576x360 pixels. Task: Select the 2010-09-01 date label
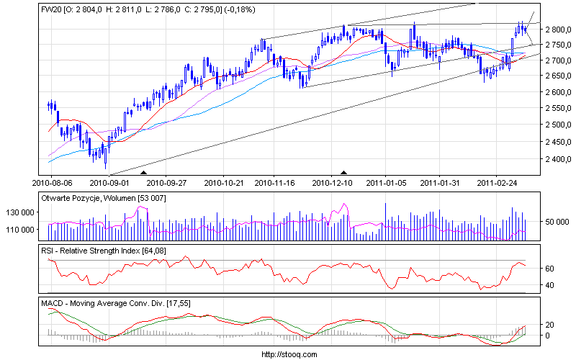109,183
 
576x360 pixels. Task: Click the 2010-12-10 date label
333,183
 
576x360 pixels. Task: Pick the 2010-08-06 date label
51,183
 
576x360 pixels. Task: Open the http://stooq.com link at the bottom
287,354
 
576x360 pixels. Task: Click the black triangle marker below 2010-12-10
344,173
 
